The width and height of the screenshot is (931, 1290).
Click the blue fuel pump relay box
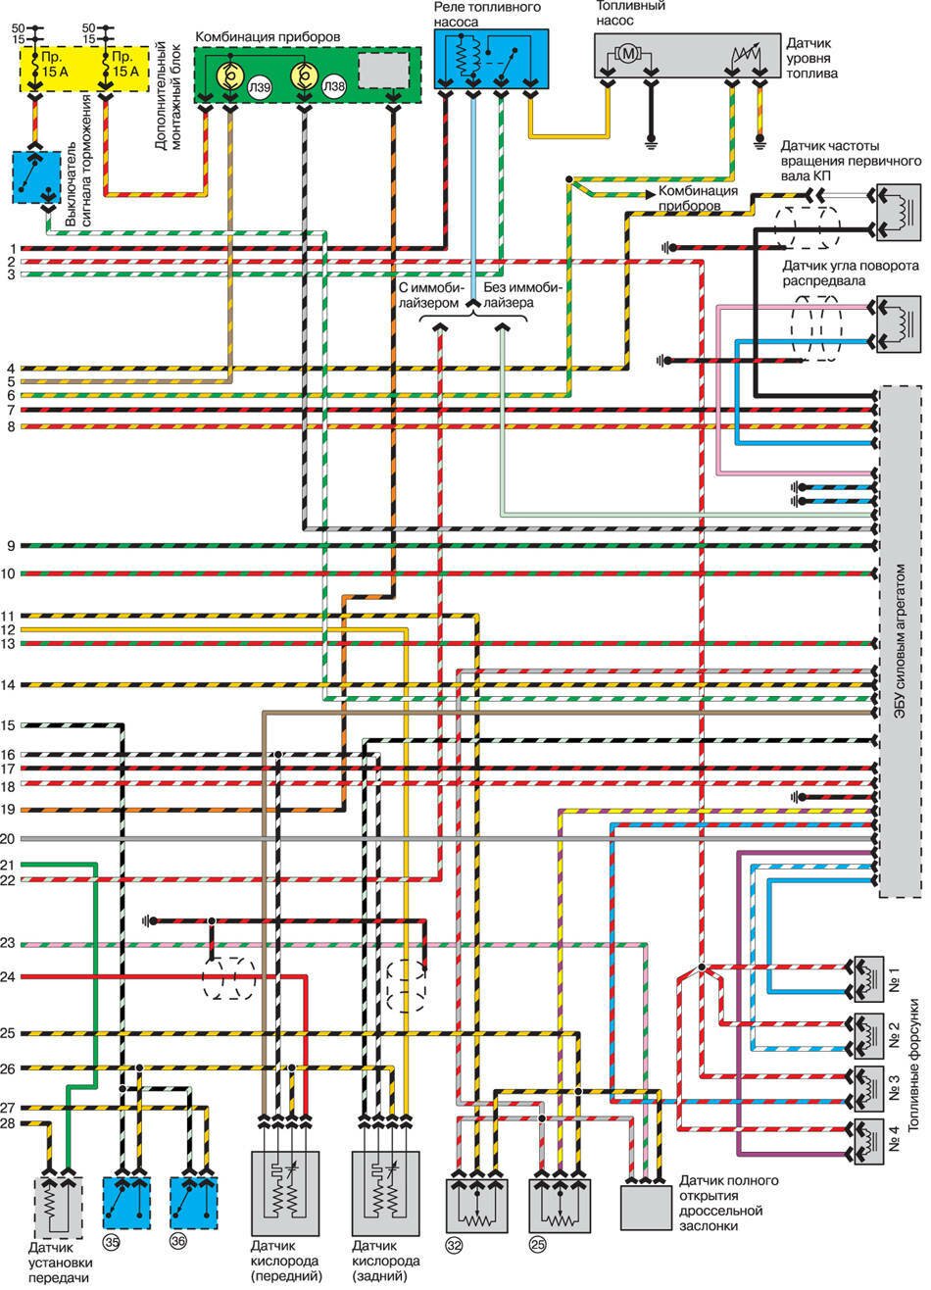tap(491, 60)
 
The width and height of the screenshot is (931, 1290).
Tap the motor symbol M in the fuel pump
tap(627, 55)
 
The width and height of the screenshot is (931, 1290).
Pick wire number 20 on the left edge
tap(8, 839)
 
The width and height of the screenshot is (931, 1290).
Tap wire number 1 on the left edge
tap(8, 248)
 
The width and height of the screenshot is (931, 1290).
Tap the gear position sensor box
tap(57, 1205)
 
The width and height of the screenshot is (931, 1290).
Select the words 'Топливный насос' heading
tap(632, 12)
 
